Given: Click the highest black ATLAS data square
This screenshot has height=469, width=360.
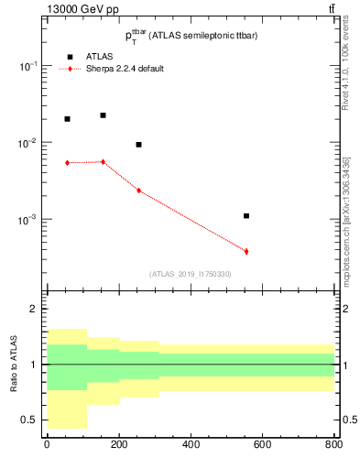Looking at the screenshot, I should (103, 115).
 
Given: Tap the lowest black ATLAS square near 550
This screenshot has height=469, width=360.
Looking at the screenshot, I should (246, 216).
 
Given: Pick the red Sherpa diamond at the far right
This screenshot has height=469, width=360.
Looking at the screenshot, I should (246, 251).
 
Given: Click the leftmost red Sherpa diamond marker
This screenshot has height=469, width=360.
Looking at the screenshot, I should (67, 163).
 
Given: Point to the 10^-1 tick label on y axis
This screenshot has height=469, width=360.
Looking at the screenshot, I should (27, 67).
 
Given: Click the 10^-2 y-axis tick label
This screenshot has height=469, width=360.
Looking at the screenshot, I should (27, 144).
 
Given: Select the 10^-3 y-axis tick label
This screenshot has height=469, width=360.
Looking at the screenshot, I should (27, 221).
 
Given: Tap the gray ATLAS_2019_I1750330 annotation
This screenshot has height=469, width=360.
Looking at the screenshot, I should (190, 274).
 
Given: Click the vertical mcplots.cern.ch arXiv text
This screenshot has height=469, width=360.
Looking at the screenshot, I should (345, 211).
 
